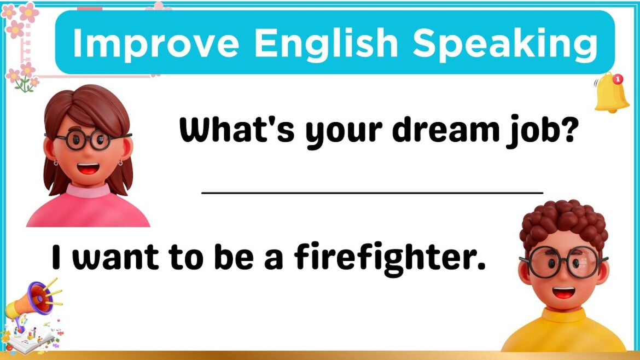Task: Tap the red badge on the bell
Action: (x=618, y=79)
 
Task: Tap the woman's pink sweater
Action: (x=88, y=211)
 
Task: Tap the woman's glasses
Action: (x=88, y=139)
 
